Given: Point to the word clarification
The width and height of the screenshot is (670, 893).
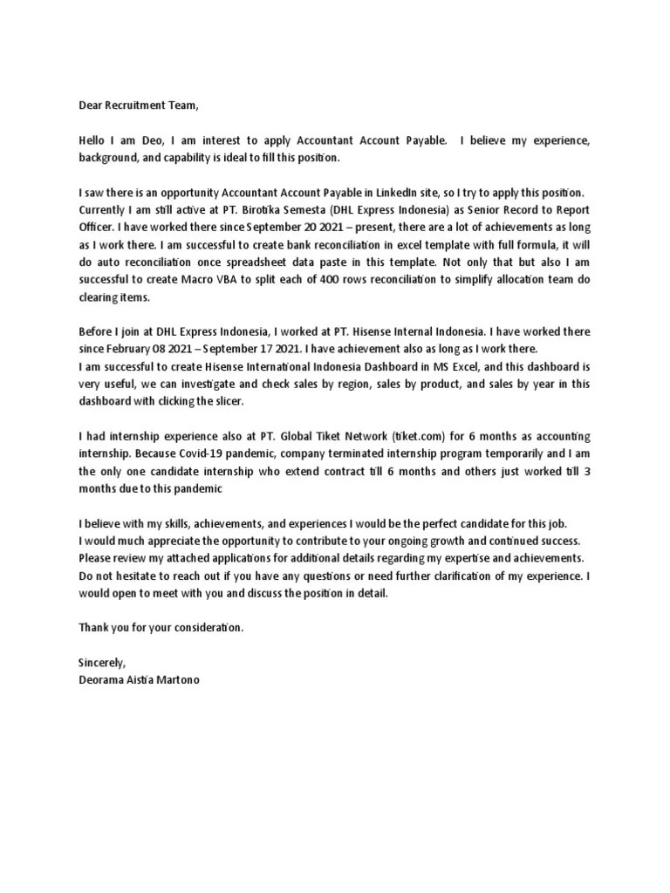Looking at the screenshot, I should click(461, 575).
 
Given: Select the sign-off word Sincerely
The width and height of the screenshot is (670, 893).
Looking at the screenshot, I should click(102, 662).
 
